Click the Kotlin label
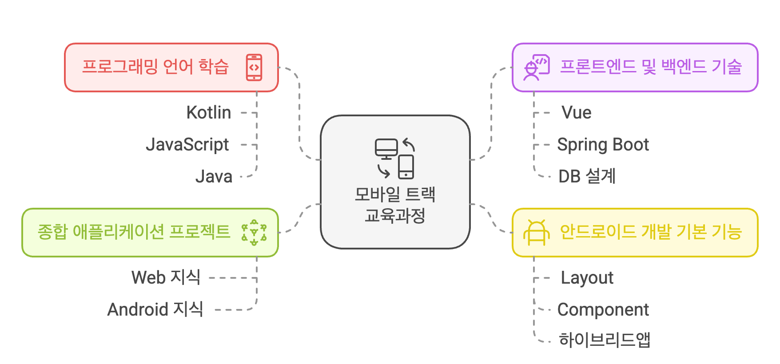208,113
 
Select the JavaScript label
187,145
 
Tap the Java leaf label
214,177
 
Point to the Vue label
576,113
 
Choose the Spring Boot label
603,145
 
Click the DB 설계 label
587,176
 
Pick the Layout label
587,278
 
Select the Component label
603,310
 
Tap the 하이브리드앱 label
605,340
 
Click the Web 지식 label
166,277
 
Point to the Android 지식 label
155,309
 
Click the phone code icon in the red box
254,67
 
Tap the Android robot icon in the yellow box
536,233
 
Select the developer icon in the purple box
536,67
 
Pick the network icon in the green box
254,233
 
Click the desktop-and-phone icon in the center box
395,158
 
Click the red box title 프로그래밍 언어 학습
155,67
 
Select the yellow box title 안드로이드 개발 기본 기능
651,232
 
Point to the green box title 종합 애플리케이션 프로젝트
134,232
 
